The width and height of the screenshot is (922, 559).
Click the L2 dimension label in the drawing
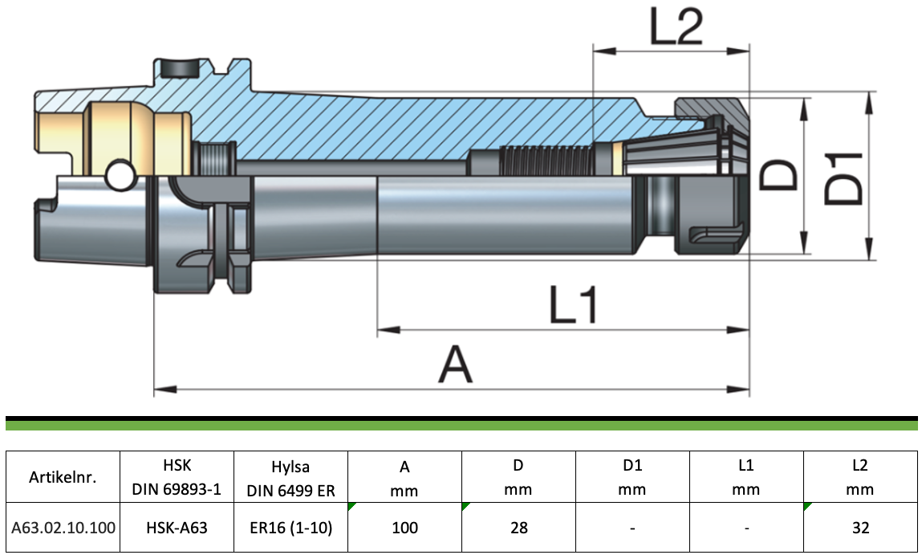tap(676, 27)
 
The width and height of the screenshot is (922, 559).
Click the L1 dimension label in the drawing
tap(573, 304)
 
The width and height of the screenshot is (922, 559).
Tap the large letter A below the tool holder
tap(456, 364)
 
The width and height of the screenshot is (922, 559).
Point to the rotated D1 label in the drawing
tap(843, 179)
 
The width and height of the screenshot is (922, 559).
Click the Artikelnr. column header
tap(63, 476)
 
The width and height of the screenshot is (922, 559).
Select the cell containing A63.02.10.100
tap(63, 528)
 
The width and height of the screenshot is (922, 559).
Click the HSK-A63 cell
tap(177, 528)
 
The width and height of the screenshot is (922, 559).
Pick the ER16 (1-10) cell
tap(291, 528)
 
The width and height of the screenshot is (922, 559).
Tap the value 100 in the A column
tap(404, 528)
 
